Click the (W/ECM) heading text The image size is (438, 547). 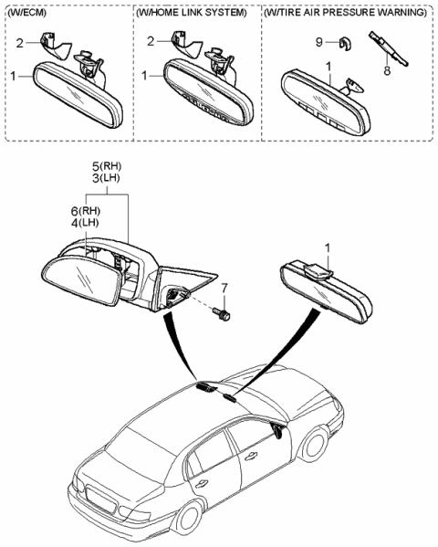pos(30,16)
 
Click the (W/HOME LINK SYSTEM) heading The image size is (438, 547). pos(191,16)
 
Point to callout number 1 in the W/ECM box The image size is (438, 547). pos(14,77)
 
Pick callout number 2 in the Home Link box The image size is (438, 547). pos(151,42)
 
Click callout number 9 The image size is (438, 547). pos(320,42)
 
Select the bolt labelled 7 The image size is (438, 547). pos(222,314)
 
